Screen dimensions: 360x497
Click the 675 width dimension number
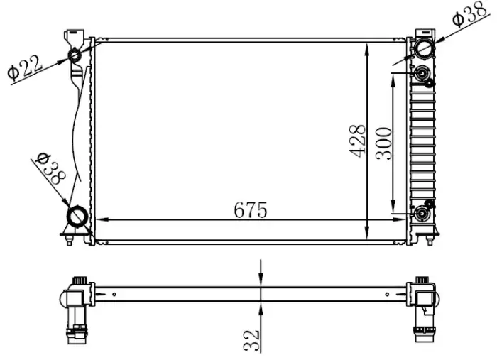click(x=250, y=210)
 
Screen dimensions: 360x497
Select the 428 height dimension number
click(x=358, y=141)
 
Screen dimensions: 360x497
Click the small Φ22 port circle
click(x=75, y=55)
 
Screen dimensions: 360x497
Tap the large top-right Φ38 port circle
click(x=424, y=49)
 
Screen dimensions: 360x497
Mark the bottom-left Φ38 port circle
click(x=77, y=215)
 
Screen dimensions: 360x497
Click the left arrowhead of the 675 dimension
click(x=100, y=219)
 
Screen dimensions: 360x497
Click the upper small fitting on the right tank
click(x=424, y=74)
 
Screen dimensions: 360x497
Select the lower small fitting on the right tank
click(x=424, y=214)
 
